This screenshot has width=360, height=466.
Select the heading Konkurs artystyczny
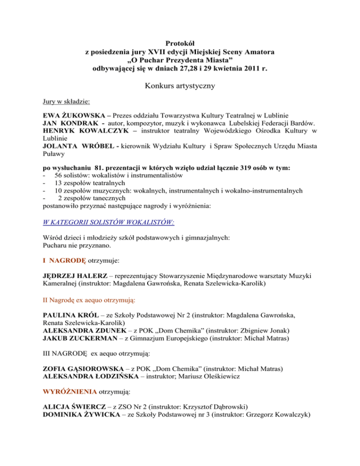point(180,86)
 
